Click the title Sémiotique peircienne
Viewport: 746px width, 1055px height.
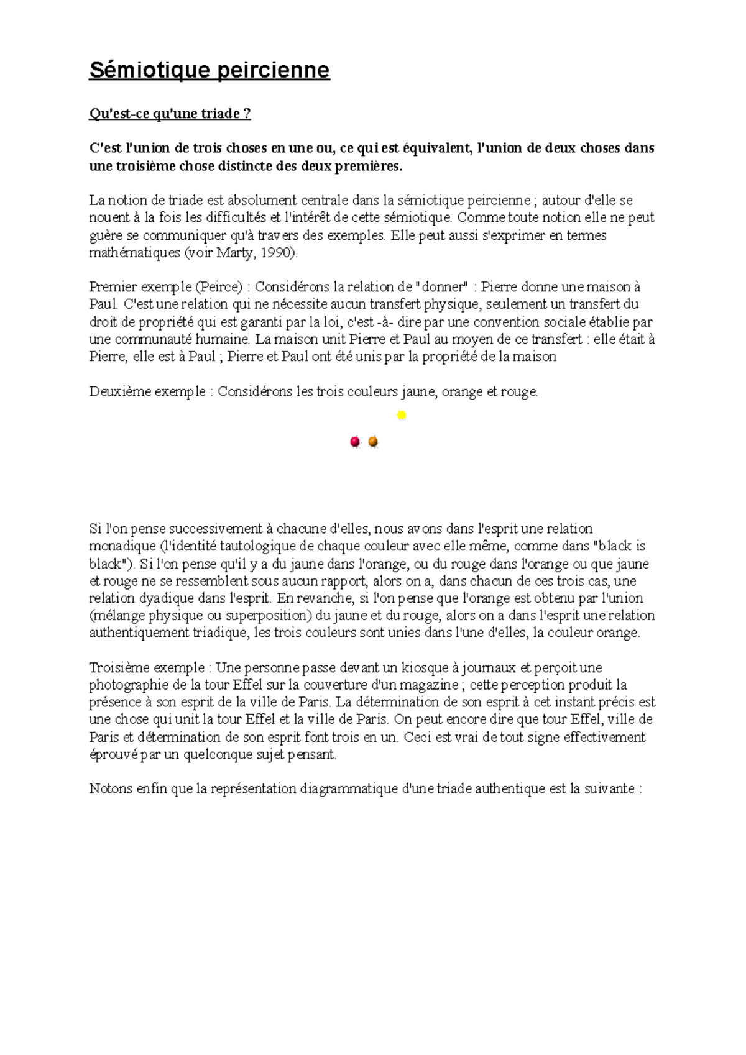[x=209, y=70]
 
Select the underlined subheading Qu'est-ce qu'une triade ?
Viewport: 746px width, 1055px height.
[x=170, y=114]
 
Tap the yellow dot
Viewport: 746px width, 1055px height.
[x=402, y=415]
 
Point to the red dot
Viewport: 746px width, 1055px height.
[x=355, y=442]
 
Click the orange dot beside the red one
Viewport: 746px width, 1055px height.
[x=373, y=442]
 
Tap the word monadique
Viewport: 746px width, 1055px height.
[x=122, y=547]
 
